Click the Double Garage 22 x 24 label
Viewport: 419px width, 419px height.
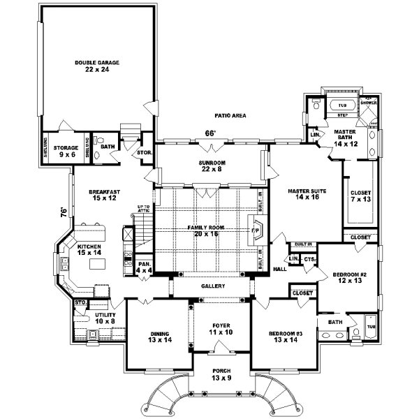coord(97,66)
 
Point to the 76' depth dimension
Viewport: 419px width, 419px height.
coord(62,209)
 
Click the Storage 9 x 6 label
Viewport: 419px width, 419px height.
coord(67,150)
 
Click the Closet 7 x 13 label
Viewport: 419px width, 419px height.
coord(361,196)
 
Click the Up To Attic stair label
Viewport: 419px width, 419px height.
coord(143,209)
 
